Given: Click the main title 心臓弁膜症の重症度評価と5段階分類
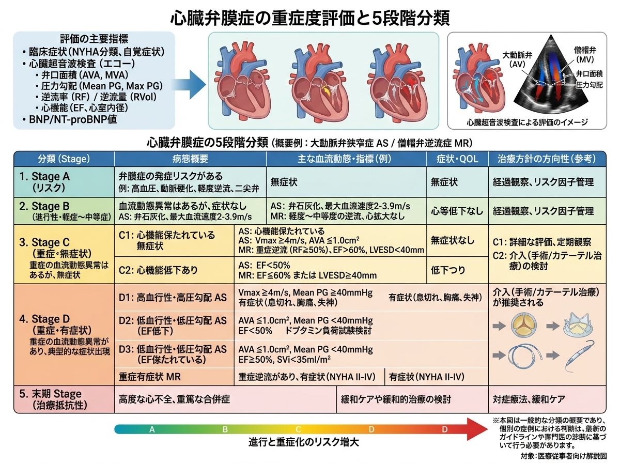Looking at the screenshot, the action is click(310, 19).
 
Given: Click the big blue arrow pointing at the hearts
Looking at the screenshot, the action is click(189, 85).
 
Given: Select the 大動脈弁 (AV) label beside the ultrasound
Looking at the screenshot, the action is click(517, 59).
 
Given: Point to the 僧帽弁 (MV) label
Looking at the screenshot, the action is click(585, 55).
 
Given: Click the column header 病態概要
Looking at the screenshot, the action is click(190, 159).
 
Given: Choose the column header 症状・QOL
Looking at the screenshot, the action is click(457, 159).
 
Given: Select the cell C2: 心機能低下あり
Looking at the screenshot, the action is click(158, 270).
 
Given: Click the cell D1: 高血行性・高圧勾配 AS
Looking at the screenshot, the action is click(173, 298).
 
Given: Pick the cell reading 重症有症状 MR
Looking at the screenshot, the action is click(149, 377).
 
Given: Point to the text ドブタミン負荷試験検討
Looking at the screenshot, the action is click(328, 331).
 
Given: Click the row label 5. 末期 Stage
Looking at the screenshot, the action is click(50, 394).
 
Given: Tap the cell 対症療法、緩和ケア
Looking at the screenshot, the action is click(529, 399).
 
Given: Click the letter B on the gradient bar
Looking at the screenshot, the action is click(225, 429).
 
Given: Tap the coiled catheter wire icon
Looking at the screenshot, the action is click(525, 356).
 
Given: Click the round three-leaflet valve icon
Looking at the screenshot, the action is click(524, 326).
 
